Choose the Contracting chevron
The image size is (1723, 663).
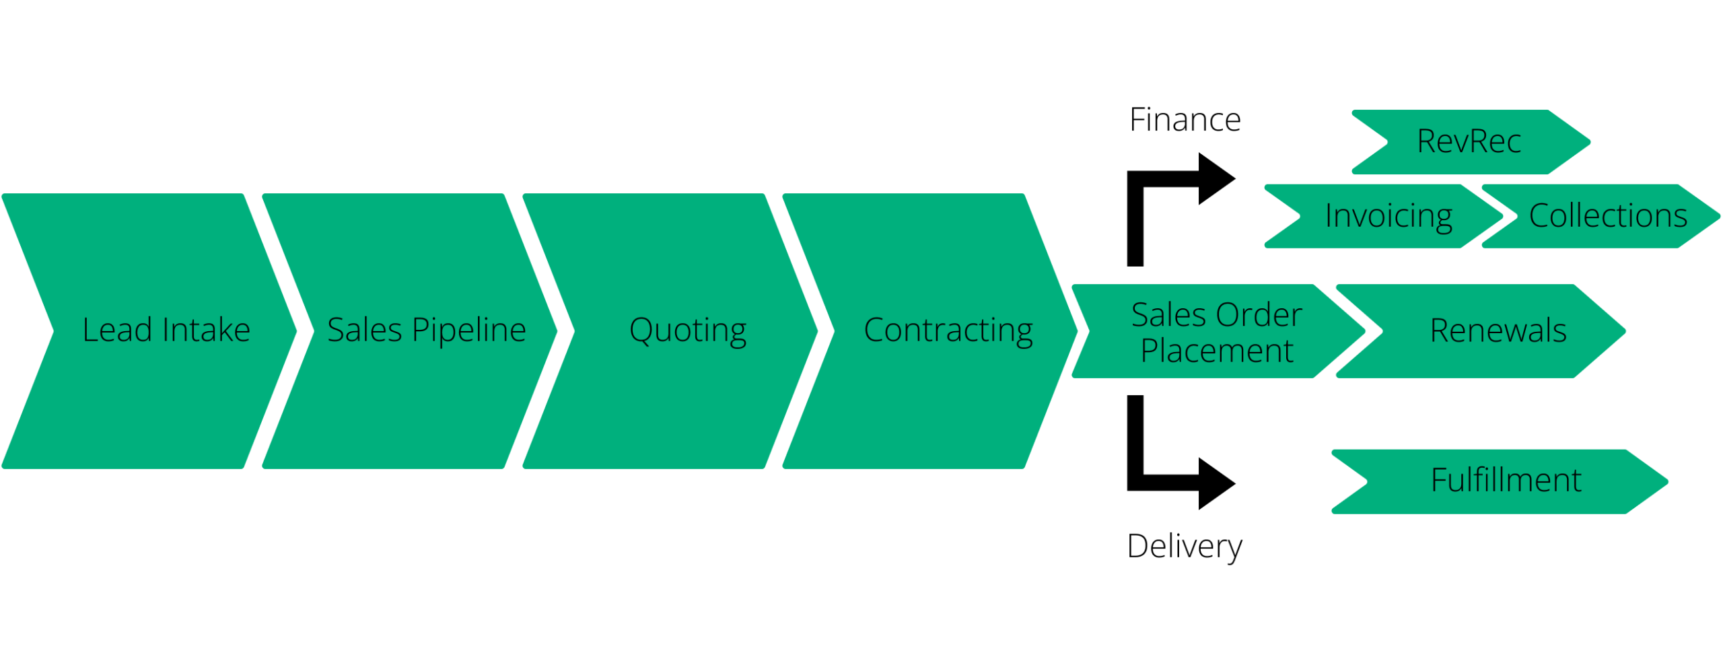click(x=936, y=330)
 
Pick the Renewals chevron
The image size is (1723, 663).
click(x=1487, y=330)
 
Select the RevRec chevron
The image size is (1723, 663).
click(x=1471, y=142)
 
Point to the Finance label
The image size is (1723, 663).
click(x=1184, y=120)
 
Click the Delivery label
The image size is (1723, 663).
click(x=1184, y=545)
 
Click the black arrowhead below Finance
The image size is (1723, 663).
click(x=1216, y=178)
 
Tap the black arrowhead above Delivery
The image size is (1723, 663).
click(x=1216, y=483)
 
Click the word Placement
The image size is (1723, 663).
click(x=1216, y=351)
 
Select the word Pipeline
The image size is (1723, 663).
click(x=468, y=330)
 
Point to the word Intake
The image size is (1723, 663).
click(x=206, y=330)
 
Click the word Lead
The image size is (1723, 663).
click(x=117, y=330)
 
